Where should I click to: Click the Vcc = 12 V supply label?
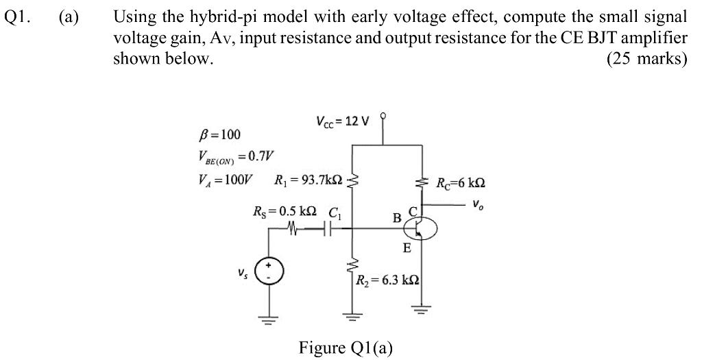342,121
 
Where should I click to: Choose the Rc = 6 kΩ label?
461,183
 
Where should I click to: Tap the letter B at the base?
397,218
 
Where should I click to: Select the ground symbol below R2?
352,317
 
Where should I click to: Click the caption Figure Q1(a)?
346,348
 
